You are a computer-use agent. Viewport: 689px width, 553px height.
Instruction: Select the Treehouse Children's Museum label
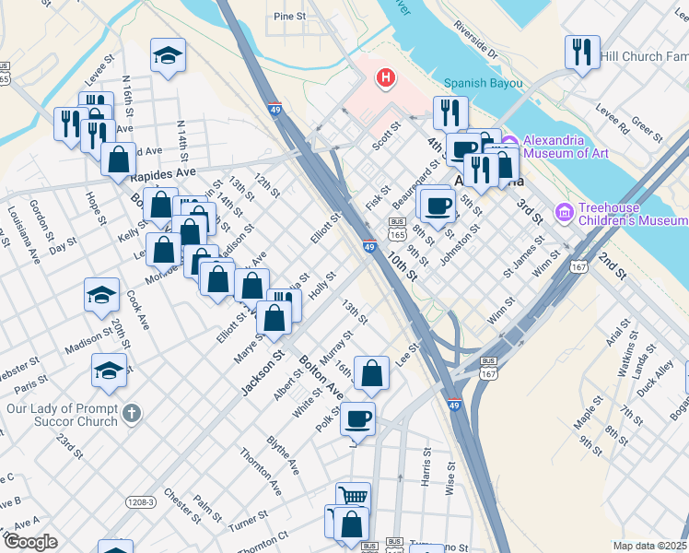632,214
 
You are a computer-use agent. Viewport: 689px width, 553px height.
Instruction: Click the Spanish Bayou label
483,83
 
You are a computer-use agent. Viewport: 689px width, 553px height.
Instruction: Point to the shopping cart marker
353,498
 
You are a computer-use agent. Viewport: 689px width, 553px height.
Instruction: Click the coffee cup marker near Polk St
357,418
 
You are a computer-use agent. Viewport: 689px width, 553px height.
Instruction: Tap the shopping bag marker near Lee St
371,373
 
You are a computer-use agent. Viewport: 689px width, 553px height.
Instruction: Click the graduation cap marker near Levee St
168,55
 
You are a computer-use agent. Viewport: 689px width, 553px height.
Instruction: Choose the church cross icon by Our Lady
132,413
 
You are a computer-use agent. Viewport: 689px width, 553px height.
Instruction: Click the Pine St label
289,17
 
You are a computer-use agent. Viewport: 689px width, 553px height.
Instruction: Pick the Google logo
30,542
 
